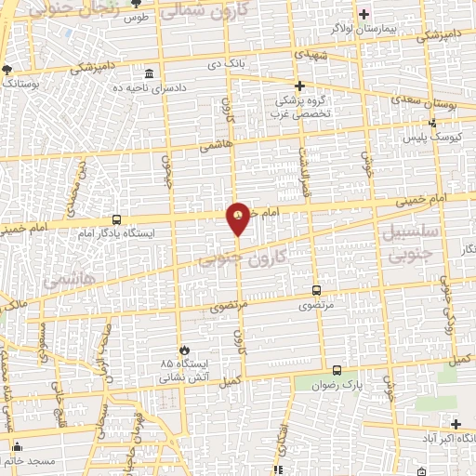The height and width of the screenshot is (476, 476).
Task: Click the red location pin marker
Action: click(x=239, y=217)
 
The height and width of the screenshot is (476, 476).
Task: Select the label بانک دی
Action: click(x=228, y=65)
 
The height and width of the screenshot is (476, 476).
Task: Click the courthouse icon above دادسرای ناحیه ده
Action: click(x=149, y=73)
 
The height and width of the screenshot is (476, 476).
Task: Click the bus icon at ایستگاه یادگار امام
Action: click(x=114, y=218)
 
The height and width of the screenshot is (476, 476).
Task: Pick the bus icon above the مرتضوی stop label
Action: click(x=317, y=289)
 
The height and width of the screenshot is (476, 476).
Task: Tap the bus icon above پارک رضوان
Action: click(x=337, y=369)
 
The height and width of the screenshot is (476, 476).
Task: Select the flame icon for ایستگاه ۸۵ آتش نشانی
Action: click(x=182, y=349)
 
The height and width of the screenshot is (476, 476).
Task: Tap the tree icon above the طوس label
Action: click(x=137, y=5)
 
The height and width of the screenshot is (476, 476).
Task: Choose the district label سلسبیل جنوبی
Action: click(x=405, y=239)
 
